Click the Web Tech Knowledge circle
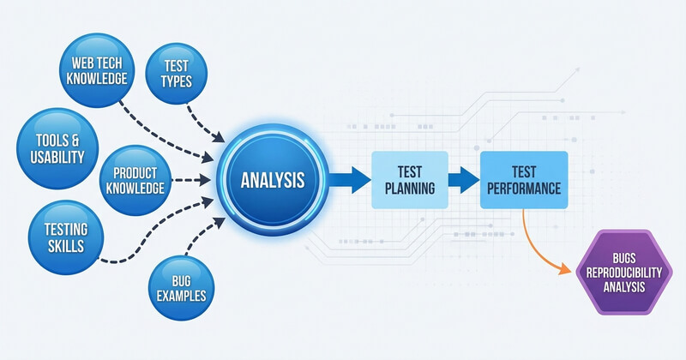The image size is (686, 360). pyautogui.click(x=93, y=69)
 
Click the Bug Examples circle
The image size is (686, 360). pyautogui.click(x=183, y=287)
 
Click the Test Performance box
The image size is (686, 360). pyautogui.click(x=524, y=179)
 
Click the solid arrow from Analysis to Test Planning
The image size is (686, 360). pyautogui.click(x=347, y=180)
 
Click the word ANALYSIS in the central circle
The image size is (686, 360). pyautogui.click(x=272, y=182)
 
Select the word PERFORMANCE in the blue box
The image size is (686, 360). pyautogui.click(x=524, y=188)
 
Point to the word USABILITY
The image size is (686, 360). pyautogui.click(x=54, y=157)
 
